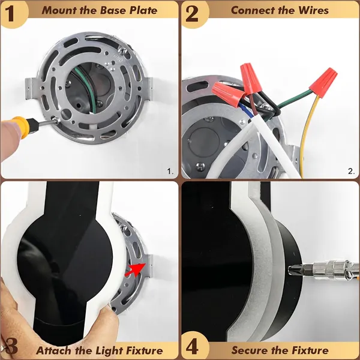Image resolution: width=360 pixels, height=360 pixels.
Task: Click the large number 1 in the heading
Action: point(11,14)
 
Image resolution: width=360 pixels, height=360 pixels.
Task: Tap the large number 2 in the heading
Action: point(193,14)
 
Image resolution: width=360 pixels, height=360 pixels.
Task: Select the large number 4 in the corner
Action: point(193,346)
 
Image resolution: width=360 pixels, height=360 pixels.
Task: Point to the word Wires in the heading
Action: point(313,10)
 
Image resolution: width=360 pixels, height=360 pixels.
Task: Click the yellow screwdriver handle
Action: point(22,127)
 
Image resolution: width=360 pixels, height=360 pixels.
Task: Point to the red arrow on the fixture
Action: point(136,269)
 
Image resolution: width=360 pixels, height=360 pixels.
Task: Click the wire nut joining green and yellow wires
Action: point(323,82)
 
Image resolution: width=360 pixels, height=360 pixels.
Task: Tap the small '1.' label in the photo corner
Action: point(170,171)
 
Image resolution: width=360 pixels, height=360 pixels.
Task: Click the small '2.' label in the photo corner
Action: point(351,171)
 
